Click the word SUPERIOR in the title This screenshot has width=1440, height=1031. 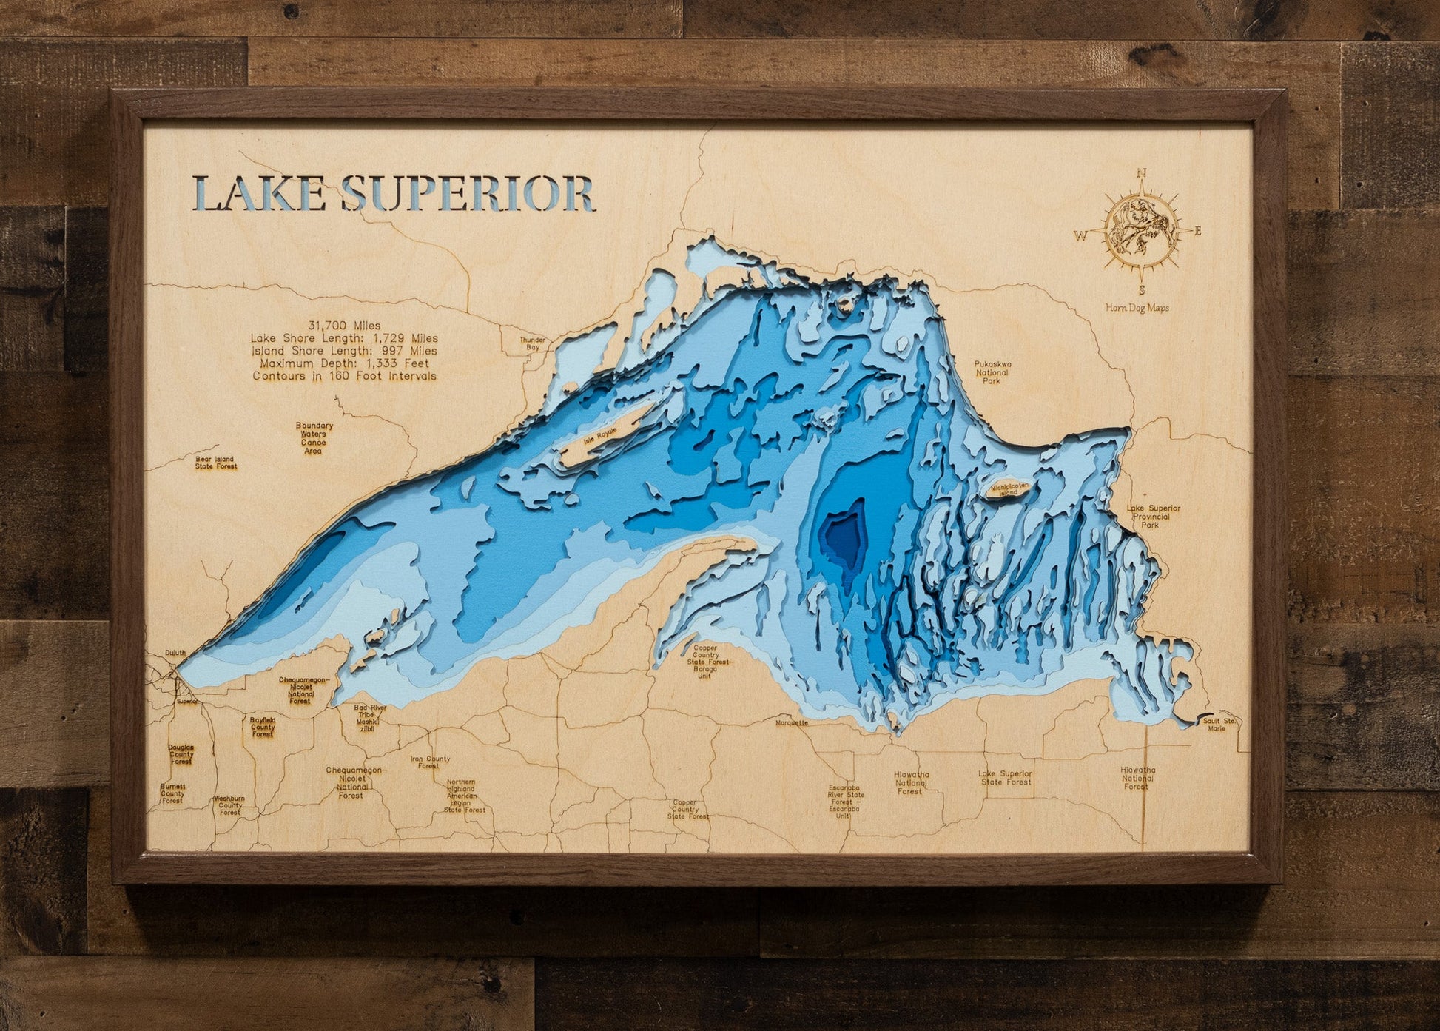[469, 195]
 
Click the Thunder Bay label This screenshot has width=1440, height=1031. [534, 343]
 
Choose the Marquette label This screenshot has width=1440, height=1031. [792, 722]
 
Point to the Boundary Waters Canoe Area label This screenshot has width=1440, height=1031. [314, 438]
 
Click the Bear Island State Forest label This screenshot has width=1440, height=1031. [216, 463]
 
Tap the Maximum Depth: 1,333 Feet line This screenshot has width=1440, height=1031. [344, 363]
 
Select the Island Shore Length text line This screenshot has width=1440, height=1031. [344, 351]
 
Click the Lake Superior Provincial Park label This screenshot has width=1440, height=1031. [1152, 517]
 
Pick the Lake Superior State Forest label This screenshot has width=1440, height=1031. [1005, 777]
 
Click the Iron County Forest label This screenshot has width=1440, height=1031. [430, 762]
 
